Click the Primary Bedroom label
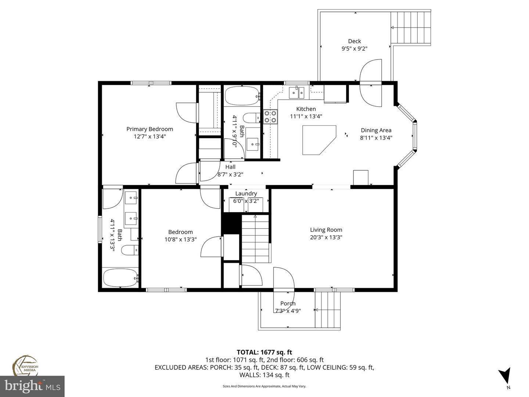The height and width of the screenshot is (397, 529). pos(150,129)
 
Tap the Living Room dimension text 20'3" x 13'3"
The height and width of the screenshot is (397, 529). pos(326,237)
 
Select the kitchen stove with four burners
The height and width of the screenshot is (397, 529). pos(270,117)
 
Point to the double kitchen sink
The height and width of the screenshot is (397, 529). pos(296,93)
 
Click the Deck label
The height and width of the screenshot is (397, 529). pos(355,41)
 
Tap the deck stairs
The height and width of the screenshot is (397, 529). pos(410,28)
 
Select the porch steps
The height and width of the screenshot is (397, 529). pos(327,310)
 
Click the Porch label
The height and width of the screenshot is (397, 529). pos(288,304)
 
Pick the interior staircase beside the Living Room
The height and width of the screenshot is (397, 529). pos(256,239)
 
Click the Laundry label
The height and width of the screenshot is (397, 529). pos(246,194)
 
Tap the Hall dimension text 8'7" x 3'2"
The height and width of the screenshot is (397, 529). pos(230,175)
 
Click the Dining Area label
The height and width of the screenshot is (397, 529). pos(376,130)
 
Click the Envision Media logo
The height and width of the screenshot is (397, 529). pos(26,366)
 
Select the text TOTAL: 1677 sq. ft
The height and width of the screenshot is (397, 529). pos(264,353)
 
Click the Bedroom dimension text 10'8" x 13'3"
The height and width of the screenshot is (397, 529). pos(180,239)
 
